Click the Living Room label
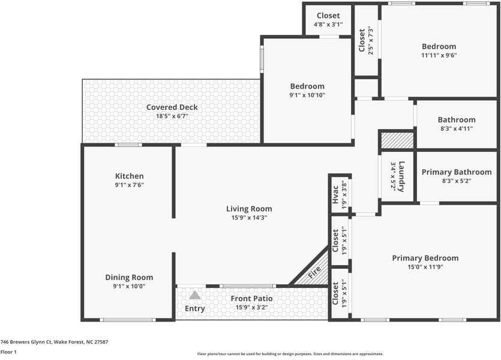tap(248, 209)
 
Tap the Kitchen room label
tap(130, 176)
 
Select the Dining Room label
tap(129, 277)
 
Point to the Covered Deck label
tap(172, 107)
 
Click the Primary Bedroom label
tap(425, 258)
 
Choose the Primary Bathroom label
tap(456, 172)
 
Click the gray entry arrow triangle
tap(194, 295)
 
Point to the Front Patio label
tap(251, 298)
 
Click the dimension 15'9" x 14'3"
tap(248, 218)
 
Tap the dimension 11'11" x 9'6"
tap(439, 55)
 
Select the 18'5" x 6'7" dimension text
tap(172, 116)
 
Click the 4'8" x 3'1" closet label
tap(328, 25)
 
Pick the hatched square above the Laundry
tap(397, 140)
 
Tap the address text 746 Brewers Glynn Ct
tap(54, 341)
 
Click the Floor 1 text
tap(8, 352)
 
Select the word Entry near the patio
tap(194, 308)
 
